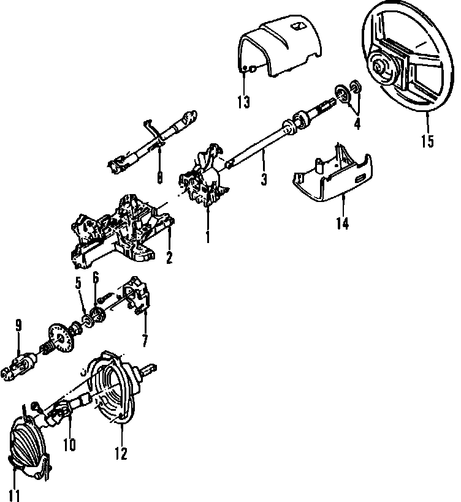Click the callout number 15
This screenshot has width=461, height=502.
click(x=427, y=141)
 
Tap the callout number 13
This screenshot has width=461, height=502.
click(x=243, y=102)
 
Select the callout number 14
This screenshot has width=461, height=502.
click(x=342, y=223)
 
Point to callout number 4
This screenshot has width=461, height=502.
click(x=357, y=123)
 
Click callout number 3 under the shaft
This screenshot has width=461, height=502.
click(x=264, y=180)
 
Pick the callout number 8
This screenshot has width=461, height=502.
click(x=159, y=178)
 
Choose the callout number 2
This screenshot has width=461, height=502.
click(x=169, y=258)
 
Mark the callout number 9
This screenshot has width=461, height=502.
click(x=18, y=327)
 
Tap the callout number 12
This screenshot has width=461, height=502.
click(x=121, y=453)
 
